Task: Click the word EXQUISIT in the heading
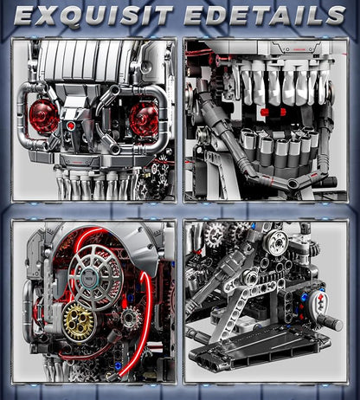coord(93,15)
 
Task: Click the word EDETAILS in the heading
coord(265,15)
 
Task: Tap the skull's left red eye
coord(44,117)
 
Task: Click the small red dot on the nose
coord(70,126)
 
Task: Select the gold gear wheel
coord(79,321)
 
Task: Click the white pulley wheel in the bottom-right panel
coord(277,242)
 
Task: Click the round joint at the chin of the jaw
coord(293,183)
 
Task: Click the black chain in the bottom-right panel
coord(277,279)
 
